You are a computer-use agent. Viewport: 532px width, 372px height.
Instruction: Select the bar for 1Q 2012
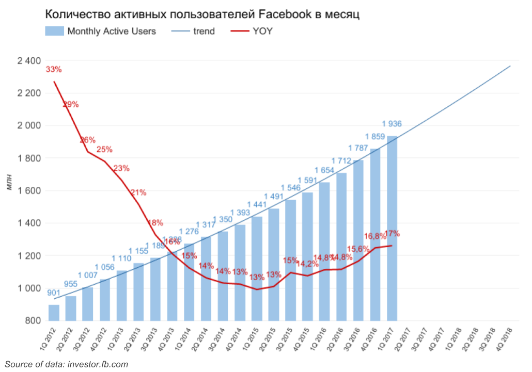(x=54, y=313)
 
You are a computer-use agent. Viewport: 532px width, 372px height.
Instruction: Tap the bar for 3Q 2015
(x=290, y=260)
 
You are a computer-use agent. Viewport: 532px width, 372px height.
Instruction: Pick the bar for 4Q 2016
(x=375, y=234)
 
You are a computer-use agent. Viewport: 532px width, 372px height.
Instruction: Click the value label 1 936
(x=392, y=124)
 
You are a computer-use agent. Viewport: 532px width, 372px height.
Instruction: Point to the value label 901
(x=54, y=294)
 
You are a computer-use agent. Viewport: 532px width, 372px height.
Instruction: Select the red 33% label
(x=54, y=70)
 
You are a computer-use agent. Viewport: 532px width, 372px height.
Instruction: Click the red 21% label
(x=138, y=192)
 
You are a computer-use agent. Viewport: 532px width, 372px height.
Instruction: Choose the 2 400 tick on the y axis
(x=29, y=61)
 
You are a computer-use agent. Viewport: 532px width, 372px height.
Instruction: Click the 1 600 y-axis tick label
(x=29, y=191)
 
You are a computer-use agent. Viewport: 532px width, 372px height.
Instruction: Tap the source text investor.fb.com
(x=98, y=364)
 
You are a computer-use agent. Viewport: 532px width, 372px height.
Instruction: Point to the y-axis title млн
(x=9, y=183)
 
